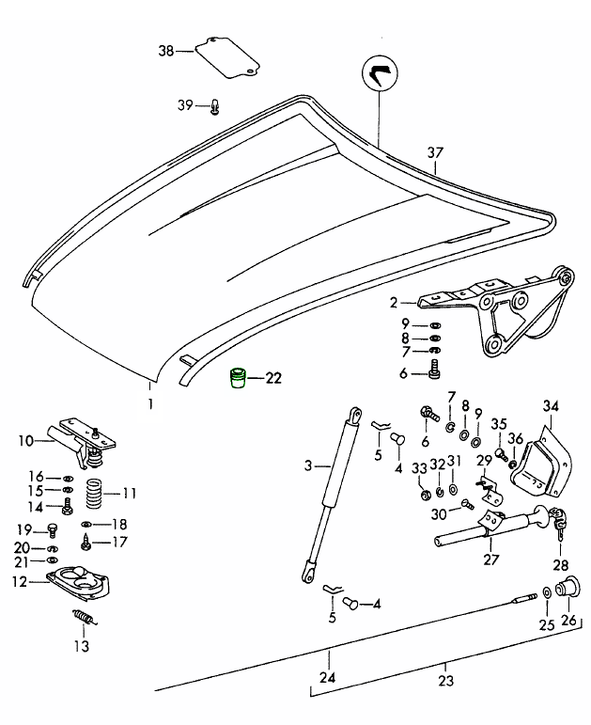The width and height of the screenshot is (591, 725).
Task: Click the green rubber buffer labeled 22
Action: pos(239,379)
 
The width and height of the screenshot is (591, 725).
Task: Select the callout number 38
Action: pos(165,52)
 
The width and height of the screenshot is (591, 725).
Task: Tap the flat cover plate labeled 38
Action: pos(226,57)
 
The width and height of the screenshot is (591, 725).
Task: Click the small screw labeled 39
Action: pos(214,106)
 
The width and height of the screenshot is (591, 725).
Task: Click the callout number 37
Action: pos(434,152)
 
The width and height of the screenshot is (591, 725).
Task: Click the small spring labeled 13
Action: pos(85,620)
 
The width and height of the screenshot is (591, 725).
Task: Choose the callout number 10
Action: pos(24,439)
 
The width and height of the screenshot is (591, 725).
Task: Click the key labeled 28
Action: pos(560,524)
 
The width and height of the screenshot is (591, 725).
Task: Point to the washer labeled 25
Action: pos(546,595)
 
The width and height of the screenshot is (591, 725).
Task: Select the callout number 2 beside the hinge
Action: pos(396,303)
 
